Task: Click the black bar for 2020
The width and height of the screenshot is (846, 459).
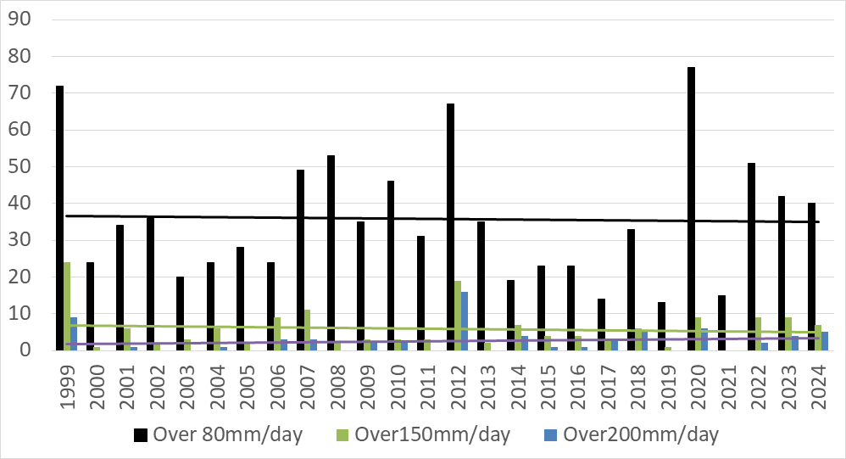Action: pyautogui.click(x=691, y=209)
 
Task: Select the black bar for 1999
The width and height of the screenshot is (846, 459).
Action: pyautogui.click(x=59, y=218)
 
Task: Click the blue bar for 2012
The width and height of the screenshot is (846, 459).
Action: pyautogui.click(x=465, y=321)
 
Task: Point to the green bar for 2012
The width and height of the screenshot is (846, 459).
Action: pyautogui.click(x=458, y=315)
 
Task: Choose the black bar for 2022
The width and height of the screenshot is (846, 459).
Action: pyautogui.click(x=751, y=256)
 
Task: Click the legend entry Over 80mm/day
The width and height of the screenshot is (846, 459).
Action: pyautogui.click(x=219, y=435)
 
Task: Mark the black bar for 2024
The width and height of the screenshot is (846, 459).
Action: pyautogui.click(x=811, y=277)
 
